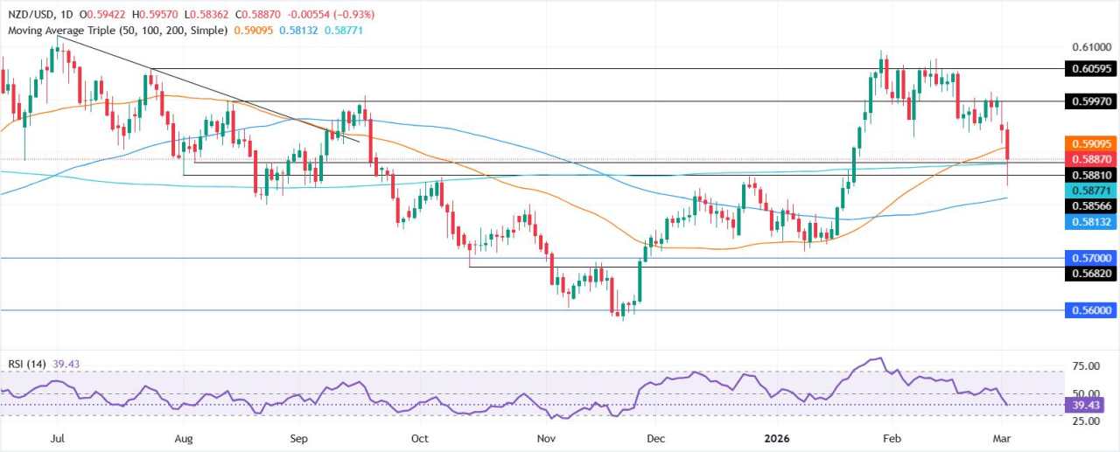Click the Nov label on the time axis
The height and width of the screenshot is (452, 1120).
click(x=546, y=438)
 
